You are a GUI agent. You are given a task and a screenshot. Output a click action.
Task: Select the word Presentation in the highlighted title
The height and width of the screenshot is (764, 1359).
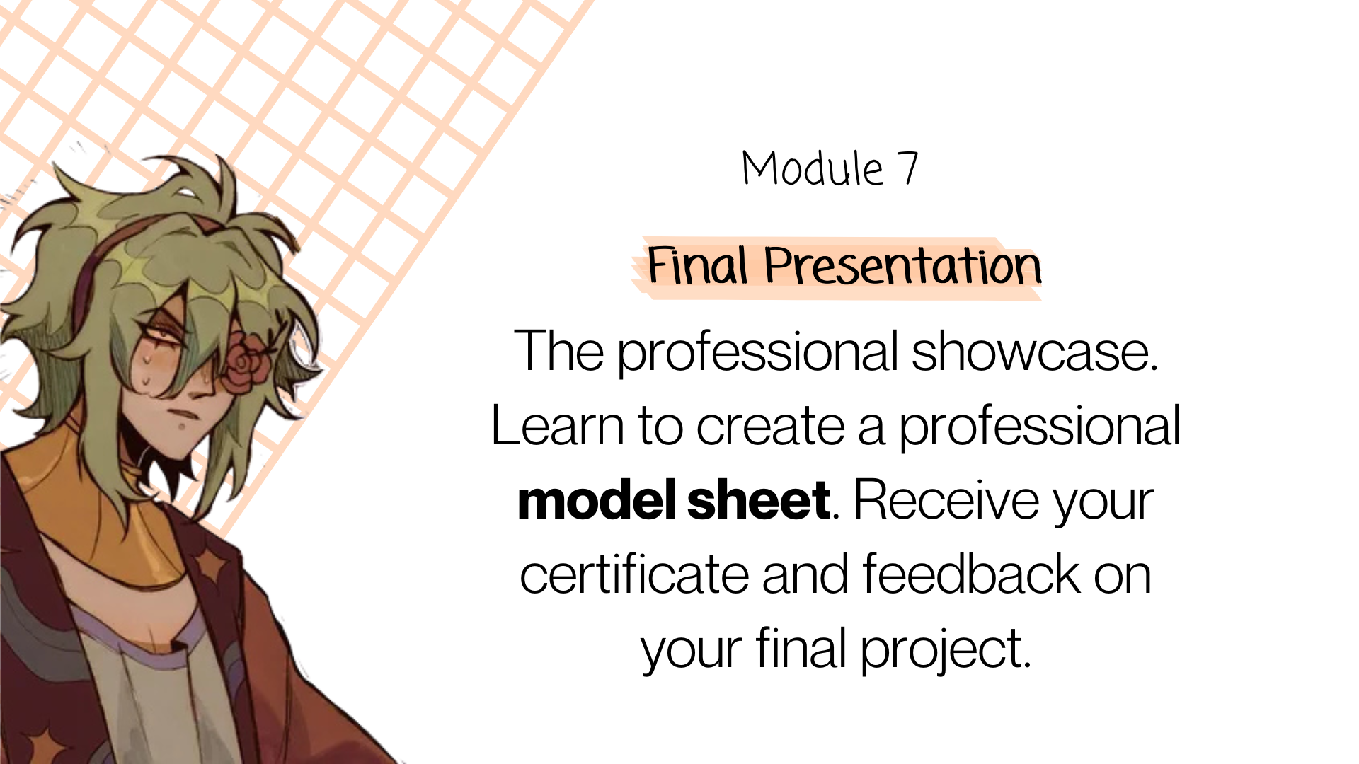902,267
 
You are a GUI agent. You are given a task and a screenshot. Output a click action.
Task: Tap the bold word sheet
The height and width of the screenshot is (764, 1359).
758,500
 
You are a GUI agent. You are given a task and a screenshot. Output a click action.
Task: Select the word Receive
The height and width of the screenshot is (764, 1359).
946,500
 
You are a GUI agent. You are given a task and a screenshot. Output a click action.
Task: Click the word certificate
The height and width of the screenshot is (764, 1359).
634,574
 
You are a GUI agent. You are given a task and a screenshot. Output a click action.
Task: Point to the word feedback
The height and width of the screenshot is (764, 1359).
971,574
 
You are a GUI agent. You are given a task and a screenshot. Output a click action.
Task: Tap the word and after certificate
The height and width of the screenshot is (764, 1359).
805,574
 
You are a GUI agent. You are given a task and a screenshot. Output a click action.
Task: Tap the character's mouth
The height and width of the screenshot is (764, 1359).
185,413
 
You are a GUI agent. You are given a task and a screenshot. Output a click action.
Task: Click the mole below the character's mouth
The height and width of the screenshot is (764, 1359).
182,427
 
